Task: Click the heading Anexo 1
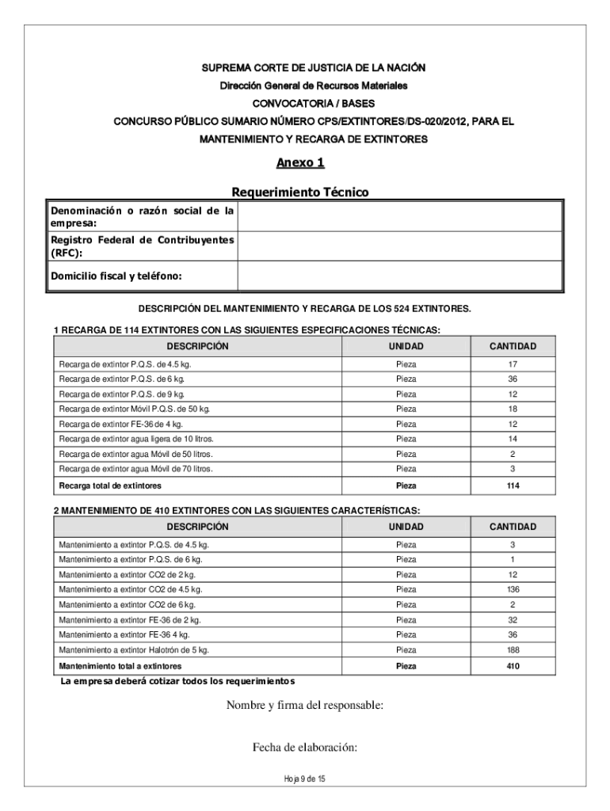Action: tap(300, 163)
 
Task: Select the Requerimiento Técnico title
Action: tap(300, 192)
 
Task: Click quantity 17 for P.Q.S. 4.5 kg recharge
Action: tap(513, 364)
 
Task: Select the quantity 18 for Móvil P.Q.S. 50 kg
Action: tap(513, 409)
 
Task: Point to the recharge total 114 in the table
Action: tap(513, 485)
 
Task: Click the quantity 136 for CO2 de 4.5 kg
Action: tap(513, 589)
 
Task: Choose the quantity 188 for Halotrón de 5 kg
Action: tap(513, 649)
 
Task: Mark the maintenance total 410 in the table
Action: tap(513, 666)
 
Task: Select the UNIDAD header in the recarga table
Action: tap(406, 347)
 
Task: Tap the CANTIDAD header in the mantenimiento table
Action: tap(513, 527)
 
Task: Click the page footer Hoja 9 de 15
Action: tap(305, 779)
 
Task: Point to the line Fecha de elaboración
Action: tap(305, 746)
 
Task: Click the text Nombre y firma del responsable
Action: tap(305, 706)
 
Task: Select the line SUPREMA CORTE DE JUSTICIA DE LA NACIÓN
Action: tap(305, 70)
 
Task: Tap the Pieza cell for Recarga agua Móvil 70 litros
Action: tap(406, 469)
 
